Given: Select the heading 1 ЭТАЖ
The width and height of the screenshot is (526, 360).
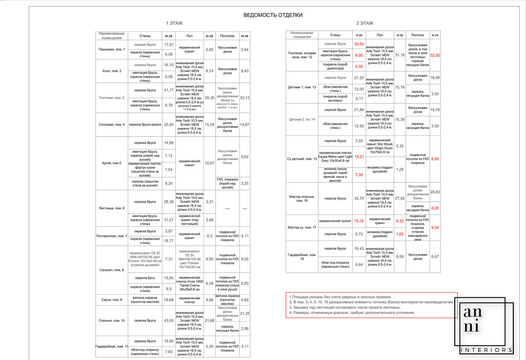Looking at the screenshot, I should [174, 23].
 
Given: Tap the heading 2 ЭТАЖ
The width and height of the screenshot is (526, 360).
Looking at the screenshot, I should [364, 23].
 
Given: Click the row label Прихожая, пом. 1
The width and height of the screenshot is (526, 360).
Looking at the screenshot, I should [112, 49].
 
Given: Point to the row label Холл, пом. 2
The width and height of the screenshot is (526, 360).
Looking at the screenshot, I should [112, 71].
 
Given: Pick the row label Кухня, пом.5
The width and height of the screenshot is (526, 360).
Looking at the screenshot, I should [112, 163].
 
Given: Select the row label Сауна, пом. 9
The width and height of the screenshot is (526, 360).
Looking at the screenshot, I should [112, 300].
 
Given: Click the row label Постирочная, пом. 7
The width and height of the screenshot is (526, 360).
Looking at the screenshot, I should [112, 236].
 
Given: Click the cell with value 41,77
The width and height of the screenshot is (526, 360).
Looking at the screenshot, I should [169, 90].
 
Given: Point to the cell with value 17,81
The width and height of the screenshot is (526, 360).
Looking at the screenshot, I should [169, 45].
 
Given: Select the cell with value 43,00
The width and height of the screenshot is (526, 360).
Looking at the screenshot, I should [169, 321].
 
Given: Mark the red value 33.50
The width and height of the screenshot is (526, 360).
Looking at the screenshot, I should [359, 44].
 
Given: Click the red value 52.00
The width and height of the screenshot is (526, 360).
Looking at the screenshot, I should [435, 55].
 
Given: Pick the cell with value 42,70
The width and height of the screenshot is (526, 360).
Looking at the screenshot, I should [359, 199].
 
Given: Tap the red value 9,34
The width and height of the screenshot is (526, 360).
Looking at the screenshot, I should [435, 227].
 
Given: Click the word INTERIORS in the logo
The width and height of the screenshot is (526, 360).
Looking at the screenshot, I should [486, 350].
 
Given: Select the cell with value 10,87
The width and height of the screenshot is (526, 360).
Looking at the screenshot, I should [209, 163].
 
